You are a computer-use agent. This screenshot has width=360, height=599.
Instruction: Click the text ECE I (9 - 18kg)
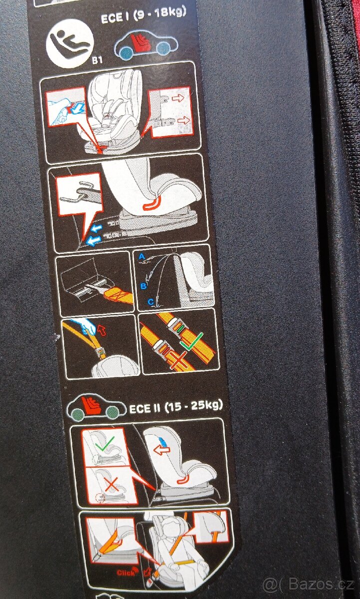click(x=143, y=16)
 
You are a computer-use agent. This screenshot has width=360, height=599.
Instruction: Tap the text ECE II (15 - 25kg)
click(x=176, y=406)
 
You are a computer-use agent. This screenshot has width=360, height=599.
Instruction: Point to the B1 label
click(x=97, y=60)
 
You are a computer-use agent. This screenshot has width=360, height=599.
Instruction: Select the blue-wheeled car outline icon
click(x=146, y=44)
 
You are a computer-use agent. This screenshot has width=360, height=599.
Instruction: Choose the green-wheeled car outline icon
click(x=96, y=407)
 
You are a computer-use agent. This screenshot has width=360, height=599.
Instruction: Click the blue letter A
click(x=142, y=257)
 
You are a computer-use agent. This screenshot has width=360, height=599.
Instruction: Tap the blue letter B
click(x=143, y=286)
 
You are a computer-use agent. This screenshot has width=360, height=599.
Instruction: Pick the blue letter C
click(x=151, y=302)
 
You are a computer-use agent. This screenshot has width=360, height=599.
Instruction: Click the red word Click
click(x=126, y=572)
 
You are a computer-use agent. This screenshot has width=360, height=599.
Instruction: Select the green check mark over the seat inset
click(x=105, y=444)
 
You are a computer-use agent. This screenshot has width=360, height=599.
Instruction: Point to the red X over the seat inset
click(x=111, y=484)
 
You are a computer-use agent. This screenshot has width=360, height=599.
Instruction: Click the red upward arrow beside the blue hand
click(x=102, y=330)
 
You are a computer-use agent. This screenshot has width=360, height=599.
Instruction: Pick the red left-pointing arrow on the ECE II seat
click(x=162, y=450)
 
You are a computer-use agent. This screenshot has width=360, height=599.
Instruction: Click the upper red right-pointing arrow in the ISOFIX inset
click(x=178, y=98)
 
